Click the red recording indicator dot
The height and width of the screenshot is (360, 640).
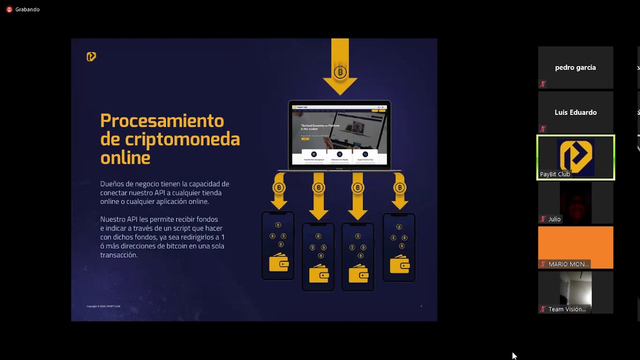coord(9,9)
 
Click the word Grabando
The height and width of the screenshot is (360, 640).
coord(27,9)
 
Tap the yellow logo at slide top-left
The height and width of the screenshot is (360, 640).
coord(91,56)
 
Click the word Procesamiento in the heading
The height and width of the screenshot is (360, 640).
coord(162,121)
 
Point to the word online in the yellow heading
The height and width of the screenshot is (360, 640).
coord(125,157)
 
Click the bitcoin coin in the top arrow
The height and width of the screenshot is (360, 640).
coord(340,72)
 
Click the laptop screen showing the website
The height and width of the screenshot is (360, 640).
coord(339,134)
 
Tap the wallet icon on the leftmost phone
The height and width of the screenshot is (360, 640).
coord(278,263)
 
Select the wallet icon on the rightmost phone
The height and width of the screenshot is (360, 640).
coord(399,264)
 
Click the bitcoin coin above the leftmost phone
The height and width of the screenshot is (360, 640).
coord(278,188)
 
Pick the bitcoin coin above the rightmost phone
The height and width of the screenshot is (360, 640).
coord(399,188)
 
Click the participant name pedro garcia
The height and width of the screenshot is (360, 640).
coord(575,67)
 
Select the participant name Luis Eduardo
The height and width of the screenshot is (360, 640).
coord(575,112)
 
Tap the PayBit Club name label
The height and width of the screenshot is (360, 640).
coord(555,174)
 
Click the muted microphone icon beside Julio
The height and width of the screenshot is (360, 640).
coord(542,219)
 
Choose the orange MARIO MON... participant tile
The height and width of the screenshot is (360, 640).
coord(575,247)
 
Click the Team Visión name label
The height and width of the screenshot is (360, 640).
coord(567,309)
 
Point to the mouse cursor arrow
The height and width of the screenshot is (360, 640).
coord(514,355)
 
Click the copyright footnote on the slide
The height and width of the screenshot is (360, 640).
coord(103,306)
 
